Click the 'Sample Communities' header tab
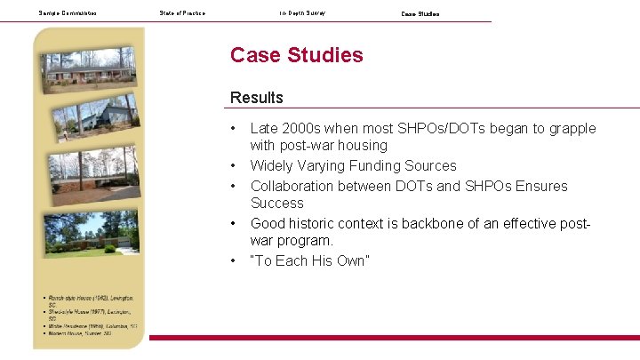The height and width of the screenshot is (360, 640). click(x=68, y=13)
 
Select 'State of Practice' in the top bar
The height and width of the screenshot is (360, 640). click(x=182, y=13)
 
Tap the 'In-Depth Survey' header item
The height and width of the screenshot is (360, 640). click(x=302, y=13)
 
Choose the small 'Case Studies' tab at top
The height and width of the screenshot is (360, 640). click(x=420, y=14)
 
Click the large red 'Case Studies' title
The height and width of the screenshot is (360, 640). click(x=296, y=55)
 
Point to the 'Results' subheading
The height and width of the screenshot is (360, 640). click(x=256, y=98)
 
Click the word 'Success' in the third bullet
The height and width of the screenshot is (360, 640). click(x=276, y=204)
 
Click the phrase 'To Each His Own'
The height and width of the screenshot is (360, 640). click(x=309, y=260)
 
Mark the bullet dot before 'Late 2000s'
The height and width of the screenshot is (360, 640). click(x=233, y=129)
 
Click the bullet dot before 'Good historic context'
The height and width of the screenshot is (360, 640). click(x=233, y=223)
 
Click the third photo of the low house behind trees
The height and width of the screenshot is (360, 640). click(x=92, y=172)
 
